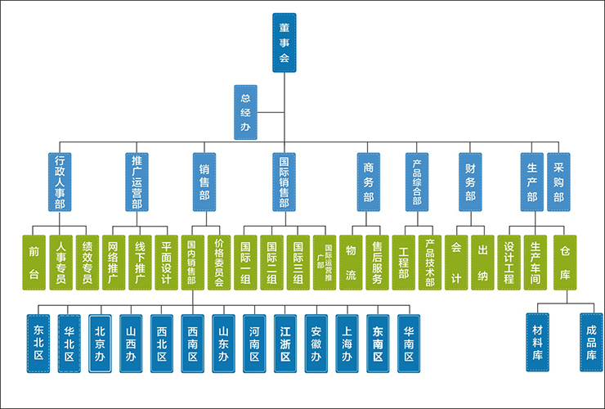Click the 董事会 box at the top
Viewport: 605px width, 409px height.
[x=284, y=43]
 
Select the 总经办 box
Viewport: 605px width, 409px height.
[x=244, y=111]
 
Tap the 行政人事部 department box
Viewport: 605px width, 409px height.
[x=60, y=182]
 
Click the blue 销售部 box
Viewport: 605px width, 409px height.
[x=204, y=182]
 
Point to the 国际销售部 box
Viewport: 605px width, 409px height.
[x=284, y=182]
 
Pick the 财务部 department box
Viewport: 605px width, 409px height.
[x=470, y=182]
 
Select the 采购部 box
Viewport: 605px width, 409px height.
[x=558, y=182]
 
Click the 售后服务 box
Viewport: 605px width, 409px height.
[x=377, y=262]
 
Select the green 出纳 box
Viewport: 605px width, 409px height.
[x=482, y=262]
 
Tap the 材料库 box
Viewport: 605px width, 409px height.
[x=538, y=342]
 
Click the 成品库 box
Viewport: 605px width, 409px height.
[x=590, y=342]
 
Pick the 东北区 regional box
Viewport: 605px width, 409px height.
[x=39, y=343]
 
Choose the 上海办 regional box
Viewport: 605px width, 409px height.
[x=347, y=343]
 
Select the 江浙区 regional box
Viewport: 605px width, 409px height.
[x=285, y=343]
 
